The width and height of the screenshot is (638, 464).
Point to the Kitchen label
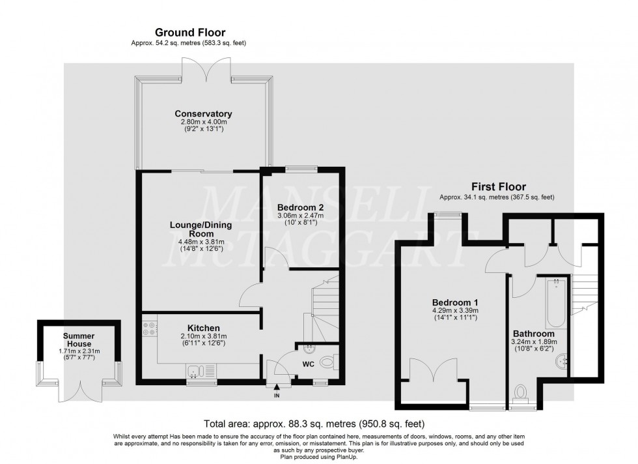point(203,328)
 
